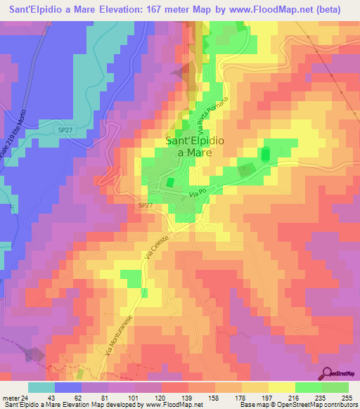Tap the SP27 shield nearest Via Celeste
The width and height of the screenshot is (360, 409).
[144, 204]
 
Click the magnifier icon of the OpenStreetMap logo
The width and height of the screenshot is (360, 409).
[328, 373]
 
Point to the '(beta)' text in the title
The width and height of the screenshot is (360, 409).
[333, 10]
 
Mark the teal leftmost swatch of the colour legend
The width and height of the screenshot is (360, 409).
[41, 387]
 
